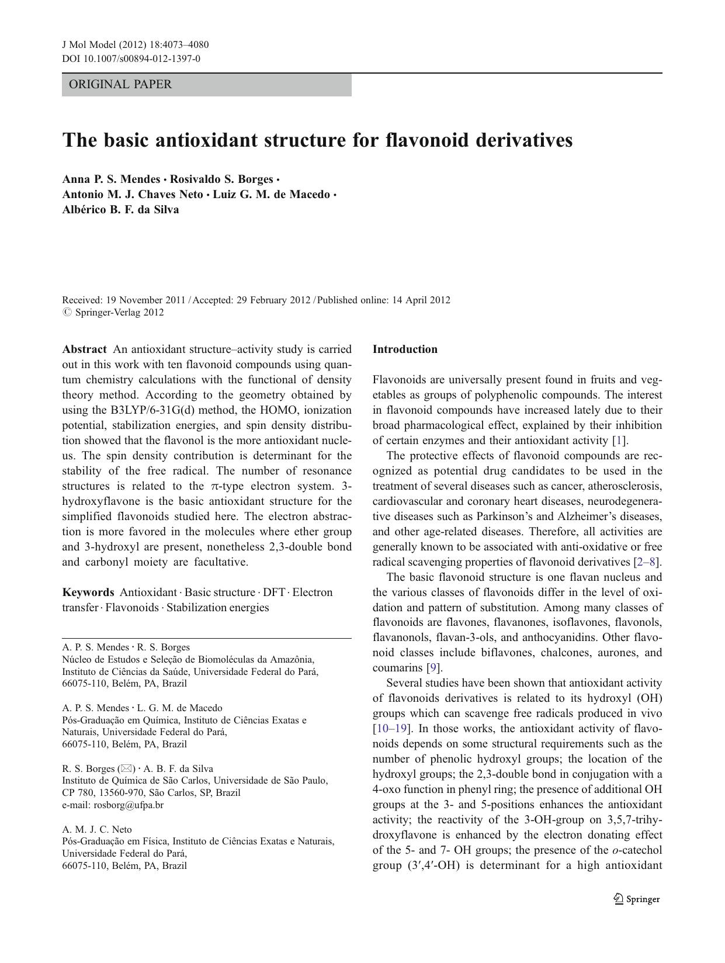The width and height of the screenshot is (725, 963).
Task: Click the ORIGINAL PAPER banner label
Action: tap(120, 84)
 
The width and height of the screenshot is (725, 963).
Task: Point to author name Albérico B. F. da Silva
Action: tap(120, 210)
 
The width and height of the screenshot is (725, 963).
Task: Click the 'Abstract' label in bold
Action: tap(84, 349)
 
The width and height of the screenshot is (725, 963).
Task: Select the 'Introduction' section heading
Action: tap(405, 349)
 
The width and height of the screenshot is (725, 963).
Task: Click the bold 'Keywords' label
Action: tap(88, 593)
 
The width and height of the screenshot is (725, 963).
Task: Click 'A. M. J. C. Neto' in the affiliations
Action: tap(97, 830)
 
